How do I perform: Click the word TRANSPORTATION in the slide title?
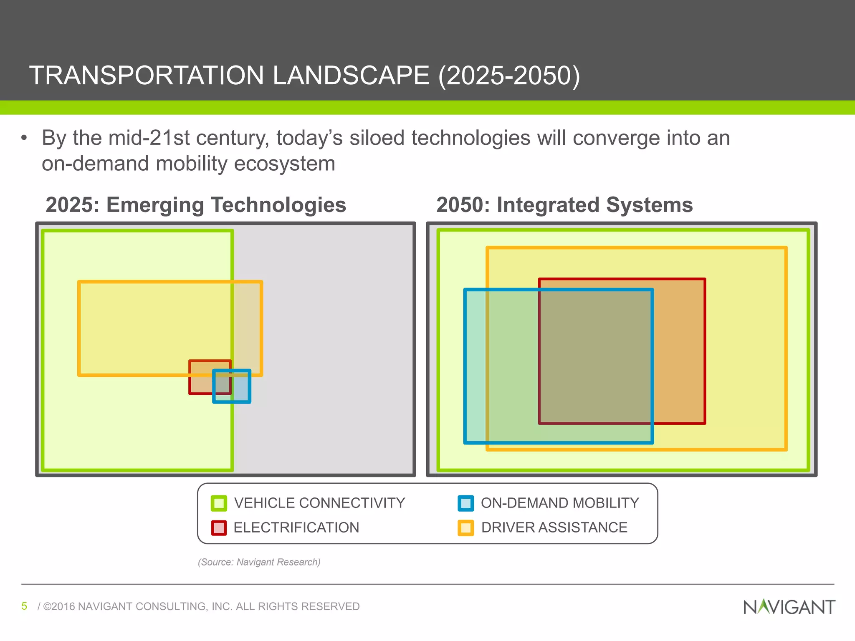(x=146, y=76)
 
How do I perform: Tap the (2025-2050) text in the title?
(x=509, y=76)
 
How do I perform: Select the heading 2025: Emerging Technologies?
(x=196, y=205)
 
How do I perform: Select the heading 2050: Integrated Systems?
(x=564, y=205)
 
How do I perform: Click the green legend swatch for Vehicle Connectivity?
(x=219, y=503)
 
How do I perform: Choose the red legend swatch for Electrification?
(x=219, y=528)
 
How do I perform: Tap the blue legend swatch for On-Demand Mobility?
(x=465, y=503)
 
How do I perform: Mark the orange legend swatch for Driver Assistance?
(x=465, y=528)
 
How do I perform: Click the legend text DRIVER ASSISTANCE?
(x=554, y=528)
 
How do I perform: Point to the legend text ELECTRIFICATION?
(x=296, y=528)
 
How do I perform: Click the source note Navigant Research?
(x=259, y=562)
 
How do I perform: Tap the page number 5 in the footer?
(x=24, y=606)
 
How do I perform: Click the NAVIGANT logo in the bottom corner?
(x=789, y=607)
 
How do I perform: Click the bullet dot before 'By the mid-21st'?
(x=24, y=138)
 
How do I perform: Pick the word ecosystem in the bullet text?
(x=284, y=164)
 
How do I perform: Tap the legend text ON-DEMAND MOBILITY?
(x=560, y=503)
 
